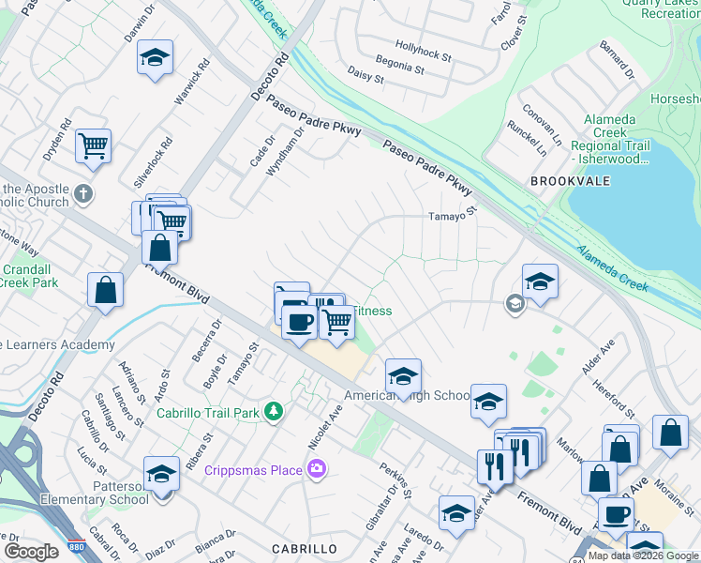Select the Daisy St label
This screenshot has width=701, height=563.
click(365, 74)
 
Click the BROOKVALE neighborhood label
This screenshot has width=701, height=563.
click(563, 179)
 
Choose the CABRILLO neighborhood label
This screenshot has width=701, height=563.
click(304, 548)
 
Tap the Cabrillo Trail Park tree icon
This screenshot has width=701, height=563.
click(273, 410)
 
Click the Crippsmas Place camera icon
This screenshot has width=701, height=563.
click(317, 467)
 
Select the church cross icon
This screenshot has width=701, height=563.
click(83, 194)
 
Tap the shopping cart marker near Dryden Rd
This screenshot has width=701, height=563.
click(93, 145)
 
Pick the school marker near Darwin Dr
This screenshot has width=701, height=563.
click(156, 57)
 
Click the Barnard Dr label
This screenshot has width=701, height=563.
click(618, 59)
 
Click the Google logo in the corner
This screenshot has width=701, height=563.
click(30, 552)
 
